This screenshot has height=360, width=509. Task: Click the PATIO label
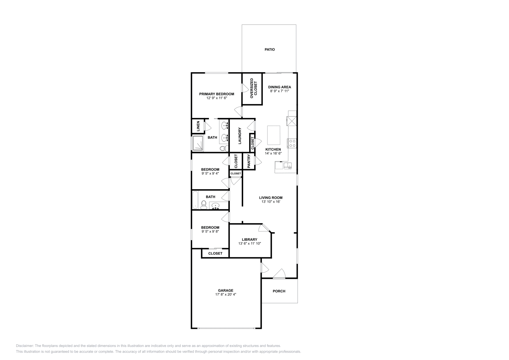click(269, 50)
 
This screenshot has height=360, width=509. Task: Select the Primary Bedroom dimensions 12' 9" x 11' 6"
click(216, 98)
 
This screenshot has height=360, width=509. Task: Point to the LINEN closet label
click(198, 126)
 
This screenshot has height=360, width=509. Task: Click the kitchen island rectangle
click(274, 135)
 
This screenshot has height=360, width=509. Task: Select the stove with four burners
click(292, 143)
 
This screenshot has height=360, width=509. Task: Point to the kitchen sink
click(288, 165)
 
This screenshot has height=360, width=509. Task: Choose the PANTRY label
click(249, 161)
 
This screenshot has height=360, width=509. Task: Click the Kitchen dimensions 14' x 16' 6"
click(273, 153)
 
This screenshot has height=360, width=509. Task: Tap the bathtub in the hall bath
click(195, 200)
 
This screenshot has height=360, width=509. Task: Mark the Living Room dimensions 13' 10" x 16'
click(270, 202)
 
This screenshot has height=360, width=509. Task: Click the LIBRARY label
click(249, 239)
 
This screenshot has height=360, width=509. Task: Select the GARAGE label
click(226, 290)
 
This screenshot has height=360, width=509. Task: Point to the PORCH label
click(279, 291)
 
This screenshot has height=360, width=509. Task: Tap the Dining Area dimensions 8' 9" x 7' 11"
click(279, 91)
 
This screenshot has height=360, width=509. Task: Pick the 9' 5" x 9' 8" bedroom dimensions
click(210, 232)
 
